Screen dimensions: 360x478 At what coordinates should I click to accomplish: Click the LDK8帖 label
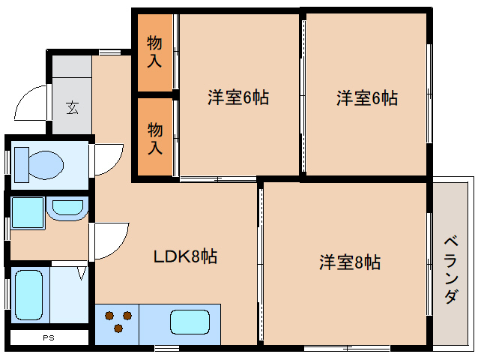click(x=185, y=257)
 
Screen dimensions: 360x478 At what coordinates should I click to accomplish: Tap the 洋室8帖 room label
click(x=350, y=262)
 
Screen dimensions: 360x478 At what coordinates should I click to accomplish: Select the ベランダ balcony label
click(x=451, y=269)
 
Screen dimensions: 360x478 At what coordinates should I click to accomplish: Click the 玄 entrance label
click(x=72, y=106)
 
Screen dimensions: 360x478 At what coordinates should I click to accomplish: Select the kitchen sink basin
click(x=190, y=323)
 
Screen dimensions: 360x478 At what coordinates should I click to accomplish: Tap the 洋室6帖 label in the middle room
click(x=238, y=97)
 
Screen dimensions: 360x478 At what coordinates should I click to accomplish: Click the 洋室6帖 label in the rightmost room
click(x=366, y=97)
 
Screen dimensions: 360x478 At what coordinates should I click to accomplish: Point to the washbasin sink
click(x=67, y=208)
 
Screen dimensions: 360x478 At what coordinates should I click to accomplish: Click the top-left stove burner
click(x=110, y=315)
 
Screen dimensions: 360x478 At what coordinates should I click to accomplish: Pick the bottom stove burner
click(x=118, y=328)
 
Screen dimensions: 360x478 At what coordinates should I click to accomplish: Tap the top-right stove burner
click(x=127, y=315)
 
